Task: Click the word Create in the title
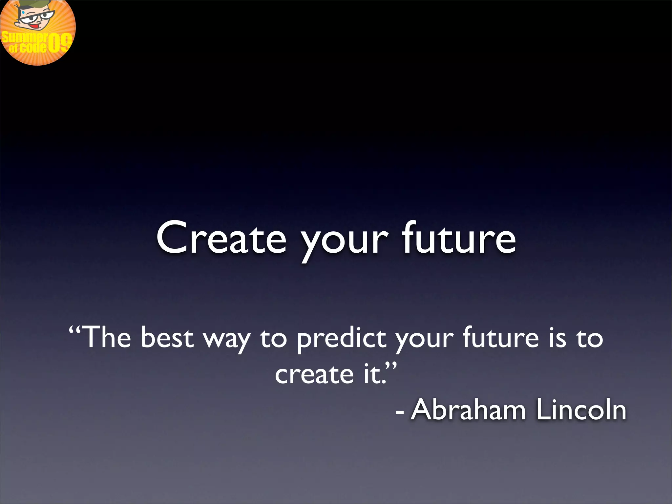pos(221,238)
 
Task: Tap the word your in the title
pos(345,241)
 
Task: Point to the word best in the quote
pos(167,338)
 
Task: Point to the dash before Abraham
pos(399,411)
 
